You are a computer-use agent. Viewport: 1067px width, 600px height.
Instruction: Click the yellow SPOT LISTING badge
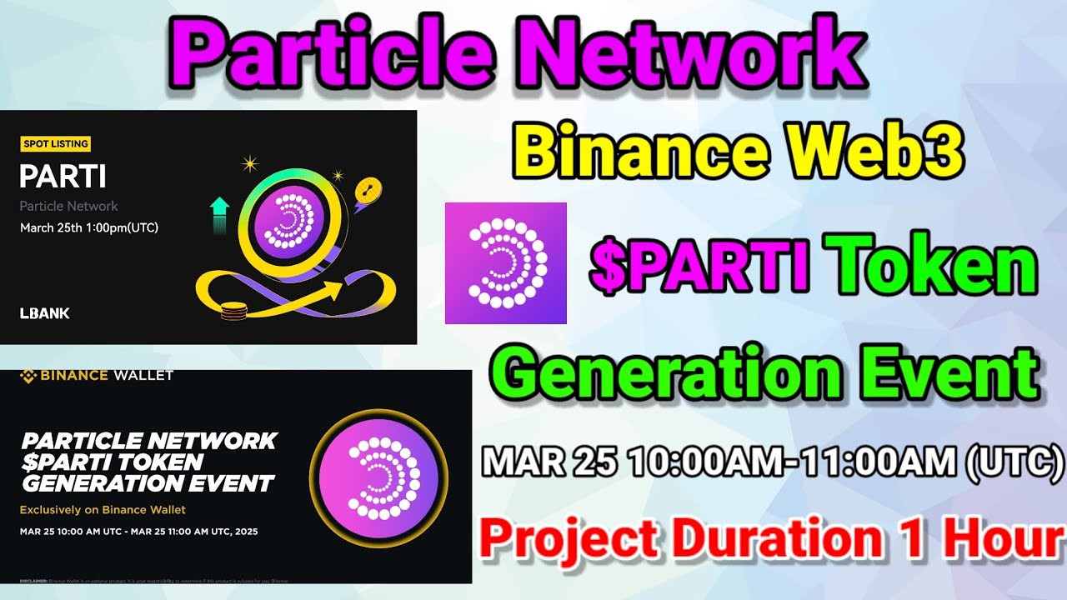[55, 144]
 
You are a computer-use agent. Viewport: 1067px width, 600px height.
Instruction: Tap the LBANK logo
[44, 313]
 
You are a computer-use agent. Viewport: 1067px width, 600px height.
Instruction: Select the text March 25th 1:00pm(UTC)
[89, 227]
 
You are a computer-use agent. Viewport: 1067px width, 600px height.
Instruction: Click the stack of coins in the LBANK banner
[234, 312]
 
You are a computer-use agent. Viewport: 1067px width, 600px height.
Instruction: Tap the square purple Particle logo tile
[505, 262]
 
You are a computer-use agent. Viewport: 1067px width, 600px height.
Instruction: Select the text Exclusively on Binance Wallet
[103, 509]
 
